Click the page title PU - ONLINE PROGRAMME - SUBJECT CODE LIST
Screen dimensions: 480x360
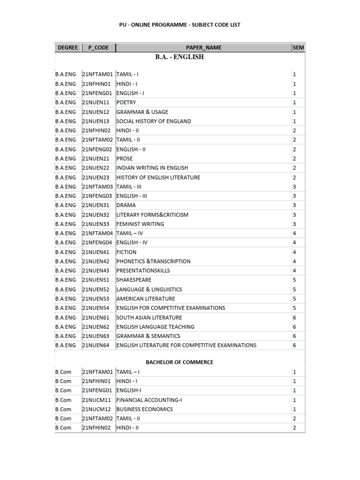(180, 24)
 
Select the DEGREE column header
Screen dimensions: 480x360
(68, 47)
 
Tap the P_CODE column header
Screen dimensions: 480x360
(98, 47)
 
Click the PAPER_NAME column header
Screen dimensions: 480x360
(203, 47)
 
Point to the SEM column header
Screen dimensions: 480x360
(298, 47)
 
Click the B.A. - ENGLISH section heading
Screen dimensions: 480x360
(180, 57)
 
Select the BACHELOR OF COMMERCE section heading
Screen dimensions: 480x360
(180, 362)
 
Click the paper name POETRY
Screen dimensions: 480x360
(126, 102)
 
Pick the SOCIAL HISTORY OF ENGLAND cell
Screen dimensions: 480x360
(154, 121)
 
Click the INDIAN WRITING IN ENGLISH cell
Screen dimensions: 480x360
(152, 168)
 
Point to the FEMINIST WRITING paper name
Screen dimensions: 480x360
(140, 224)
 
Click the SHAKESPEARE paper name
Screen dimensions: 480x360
(134, 280)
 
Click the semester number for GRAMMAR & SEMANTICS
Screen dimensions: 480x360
(294, 336)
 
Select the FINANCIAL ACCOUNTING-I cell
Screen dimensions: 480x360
(149, 400)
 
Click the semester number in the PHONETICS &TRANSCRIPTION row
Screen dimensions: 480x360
(294, 261)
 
